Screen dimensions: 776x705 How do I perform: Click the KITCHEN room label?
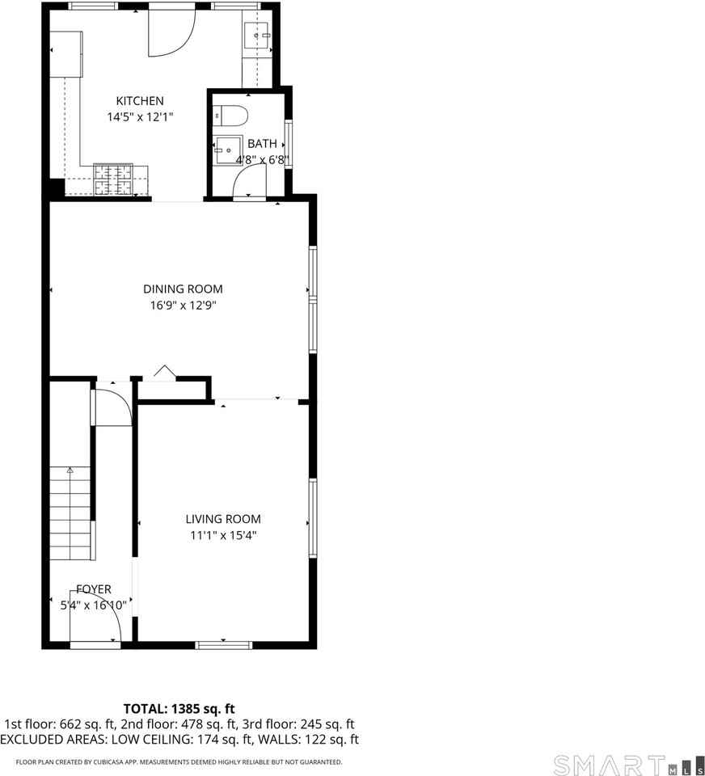point(140,101)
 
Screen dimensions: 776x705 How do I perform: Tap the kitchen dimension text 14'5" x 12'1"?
point(140,116)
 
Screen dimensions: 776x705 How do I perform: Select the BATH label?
point(262,144)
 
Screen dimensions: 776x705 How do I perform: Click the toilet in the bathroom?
point(231,116)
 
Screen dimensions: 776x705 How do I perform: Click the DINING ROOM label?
point(183,289)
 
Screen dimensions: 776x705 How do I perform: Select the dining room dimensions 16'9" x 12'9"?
point(183,305)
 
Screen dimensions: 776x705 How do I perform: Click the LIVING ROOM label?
point(223,519)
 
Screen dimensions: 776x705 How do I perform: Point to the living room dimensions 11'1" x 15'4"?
point(223,534)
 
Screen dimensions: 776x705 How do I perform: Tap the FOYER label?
point(94,589)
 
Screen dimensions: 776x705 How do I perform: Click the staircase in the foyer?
point(71,513)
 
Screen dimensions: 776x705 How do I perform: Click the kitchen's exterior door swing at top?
point(171,32)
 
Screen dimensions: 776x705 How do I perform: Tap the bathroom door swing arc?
point(248,186)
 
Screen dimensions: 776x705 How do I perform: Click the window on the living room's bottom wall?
point(224,644)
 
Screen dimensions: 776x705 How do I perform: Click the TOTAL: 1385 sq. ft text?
point(179,709)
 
